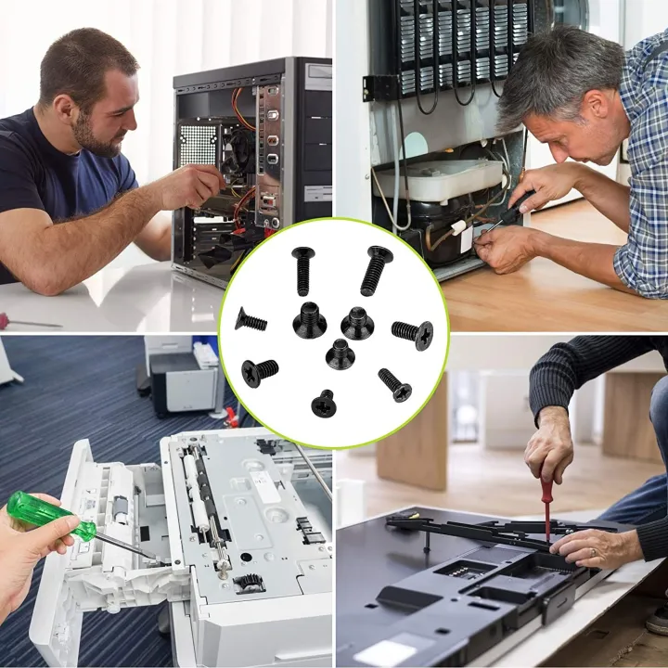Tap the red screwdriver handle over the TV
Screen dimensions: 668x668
[546, 496]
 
